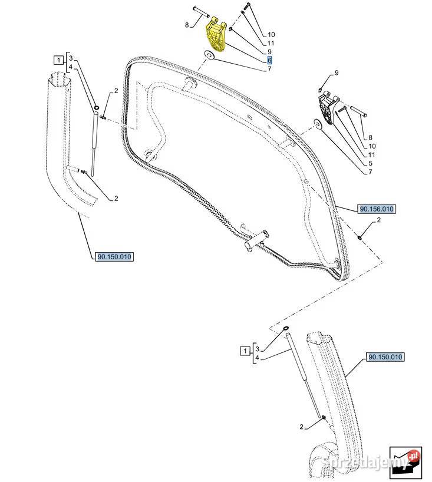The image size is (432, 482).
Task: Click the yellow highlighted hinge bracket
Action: tap(216, 37)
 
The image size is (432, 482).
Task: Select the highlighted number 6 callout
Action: tap(269, 60)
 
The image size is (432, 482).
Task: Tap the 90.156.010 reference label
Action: tap(376, 209)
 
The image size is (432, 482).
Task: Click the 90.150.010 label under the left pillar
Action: tap(113, 256)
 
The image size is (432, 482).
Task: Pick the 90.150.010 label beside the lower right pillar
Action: tap(386, 357)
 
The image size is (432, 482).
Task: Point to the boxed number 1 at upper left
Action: tap(58, 59)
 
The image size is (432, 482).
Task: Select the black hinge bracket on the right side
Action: tap(328, 108)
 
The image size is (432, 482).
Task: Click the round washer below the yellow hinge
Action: tap(209, 57)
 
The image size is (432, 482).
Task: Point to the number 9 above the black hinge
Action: tap(337, 72)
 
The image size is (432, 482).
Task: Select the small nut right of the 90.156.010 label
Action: tap(360, 237)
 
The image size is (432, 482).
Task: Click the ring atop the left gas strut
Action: tap(95, 108)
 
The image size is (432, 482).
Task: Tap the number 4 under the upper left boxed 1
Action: tap(71, 68)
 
